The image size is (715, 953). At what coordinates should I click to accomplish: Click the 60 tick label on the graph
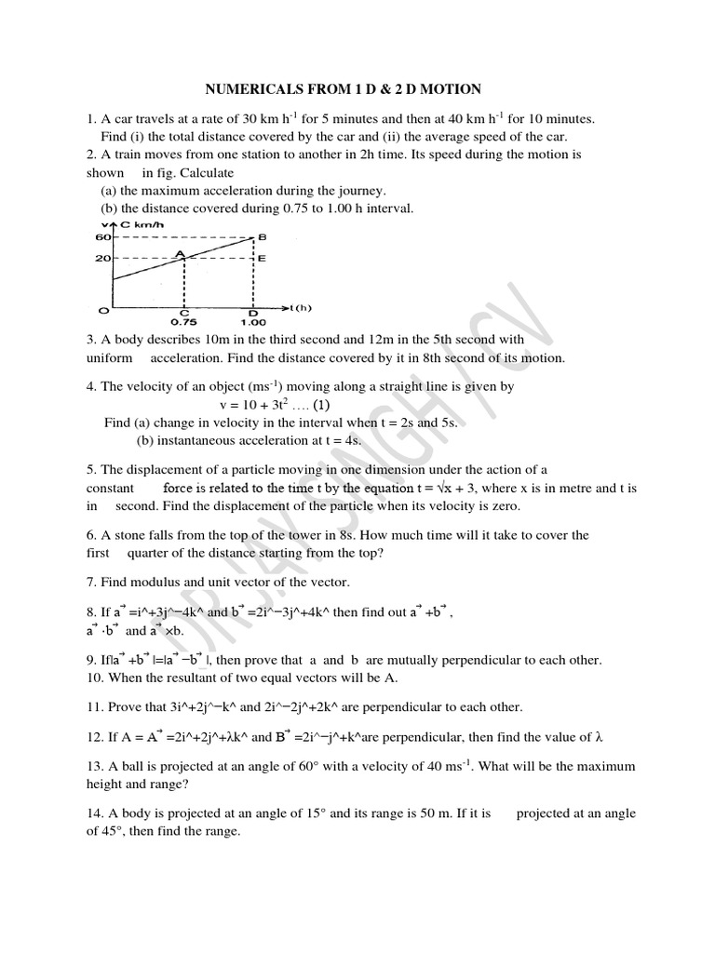coord(102,237)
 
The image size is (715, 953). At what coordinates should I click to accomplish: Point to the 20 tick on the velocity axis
coord(102,258)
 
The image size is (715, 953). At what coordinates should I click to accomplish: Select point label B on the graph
coord(262,237)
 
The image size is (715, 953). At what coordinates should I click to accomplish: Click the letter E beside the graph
coord(262,258)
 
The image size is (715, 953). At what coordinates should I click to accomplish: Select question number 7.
coord(91,582)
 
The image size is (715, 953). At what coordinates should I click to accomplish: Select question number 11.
coord(94,706)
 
